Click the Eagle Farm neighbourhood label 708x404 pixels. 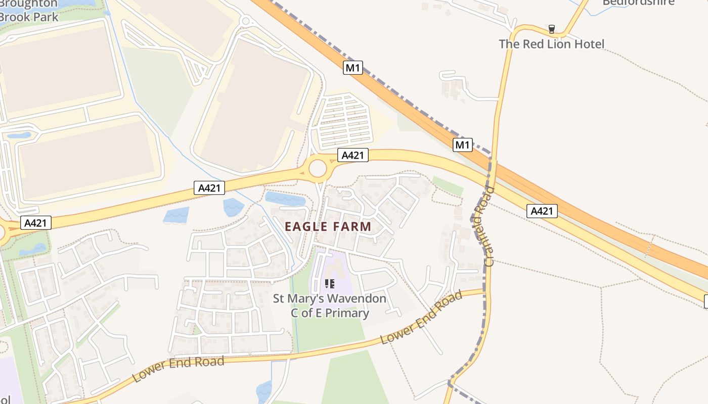328,227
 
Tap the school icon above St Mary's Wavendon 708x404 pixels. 330,284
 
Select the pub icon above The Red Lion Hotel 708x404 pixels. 552,29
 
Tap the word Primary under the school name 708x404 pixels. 347,313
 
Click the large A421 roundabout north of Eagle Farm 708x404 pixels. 318,169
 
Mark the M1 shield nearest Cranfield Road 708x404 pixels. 463,145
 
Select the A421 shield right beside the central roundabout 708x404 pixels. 353,155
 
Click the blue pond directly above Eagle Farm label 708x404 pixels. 285,198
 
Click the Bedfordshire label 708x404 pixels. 638,3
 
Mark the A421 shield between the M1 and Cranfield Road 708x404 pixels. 542,211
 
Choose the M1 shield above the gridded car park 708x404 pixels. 353,68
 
